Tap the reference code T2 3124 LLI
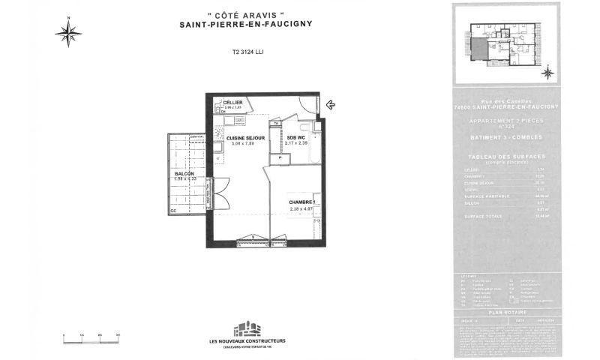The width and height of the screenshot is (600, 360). click(248, 52)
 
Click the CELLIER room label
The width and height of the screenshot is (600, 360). click(232, 102)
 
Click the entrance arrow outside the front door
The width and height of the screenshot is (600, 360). click(330, 105)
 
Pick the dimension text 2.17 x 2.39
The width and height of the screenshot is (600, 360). click(297, 143)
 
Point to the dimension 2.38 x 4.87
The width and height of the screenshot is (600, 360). click(302, 209)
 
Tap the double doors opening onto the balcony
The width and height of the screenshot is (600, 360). click(219, 193)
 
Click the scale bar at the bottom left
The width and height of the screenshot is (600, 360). click(91, 341)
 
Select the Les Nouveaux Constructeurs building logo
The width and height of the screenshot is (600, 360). click(247, 329)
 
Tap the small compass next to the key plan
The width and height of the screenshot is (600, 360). click(547, 73)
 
